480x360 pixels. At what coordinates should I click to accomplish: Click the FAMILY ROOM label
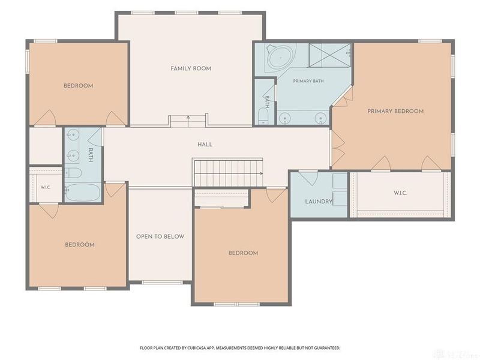point(191,68)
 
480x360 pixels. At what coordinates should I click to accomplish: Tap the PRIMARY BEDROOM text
point(395,111)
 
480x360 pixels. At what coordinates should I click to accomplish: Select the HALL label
point(205,145)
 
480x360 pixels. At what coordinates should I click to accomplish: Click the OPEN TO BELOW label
point(160,236)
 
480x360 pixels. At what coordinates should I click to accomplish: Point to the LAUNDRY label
point(319,202)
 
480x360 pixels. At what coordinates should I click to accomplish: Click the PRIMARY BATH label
point(308,81)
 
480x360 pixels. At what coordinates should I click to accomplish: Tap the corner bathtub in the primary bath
point(280,58)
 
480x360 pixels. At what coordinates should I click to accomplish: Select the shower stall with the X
point(329,55)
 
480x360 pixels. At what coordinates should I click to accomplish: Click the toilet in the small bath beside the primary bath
point(263,116)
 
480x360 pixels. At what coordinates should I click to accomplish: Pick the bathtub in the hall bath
point(83,193)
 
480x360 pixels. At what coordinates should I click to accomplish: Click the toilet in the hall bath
point(73,173)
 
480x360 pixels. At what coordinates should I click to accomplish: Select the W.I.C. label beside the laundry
point(400,193)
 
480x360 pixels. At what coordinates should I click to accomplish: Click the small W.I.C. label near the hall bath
point(46,187)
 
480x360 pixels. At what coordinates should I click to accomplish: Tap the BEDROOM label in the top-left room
point(79,86)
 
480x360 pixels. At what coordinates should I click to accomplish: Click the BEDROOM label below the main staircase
point(244,253)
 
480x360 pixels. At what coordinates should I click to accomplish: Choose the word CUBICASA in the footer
point(198,348)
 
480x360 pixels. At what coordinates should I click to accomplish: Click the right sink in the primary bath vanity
point(320,118)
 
